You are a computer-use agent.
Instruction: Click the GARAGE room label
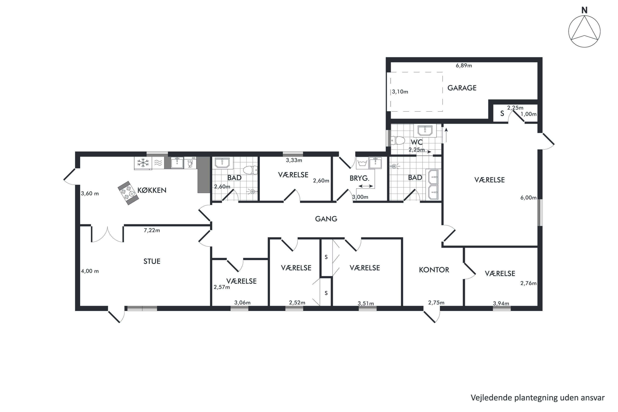coord(462,88)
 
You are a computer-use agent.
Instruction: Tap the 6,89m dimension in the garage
coord(464,65)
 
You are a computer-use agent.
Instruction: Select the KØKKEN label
coord(152,190)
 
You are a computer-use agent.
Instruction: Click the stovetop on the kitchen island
coord(128,193)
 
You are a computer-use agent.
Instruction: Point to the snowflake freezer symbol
coord(143,163)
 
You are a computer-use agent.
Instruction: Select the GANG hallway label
coord(326,219)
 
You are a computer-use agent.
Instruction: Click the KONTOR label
coord(434,270)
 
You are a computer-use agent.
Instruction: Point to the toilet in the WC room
coord(397,141)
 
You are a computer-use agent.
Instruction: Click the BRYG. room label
coord(359,178)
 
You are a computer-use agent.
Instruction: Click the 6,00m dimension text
coord(528,198)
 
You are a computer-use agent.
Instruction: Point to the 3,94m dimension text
coord(501,304)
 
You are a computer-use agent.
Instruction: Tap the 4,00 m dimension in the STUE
coord(90,271)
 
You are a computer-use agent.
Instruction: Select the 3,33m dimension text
coord(294,160)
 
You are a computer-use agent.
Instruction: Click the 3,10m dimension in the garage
coord(400,92)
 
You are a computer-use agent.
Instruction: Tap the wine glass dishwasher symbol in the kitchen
coord(190,164)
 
